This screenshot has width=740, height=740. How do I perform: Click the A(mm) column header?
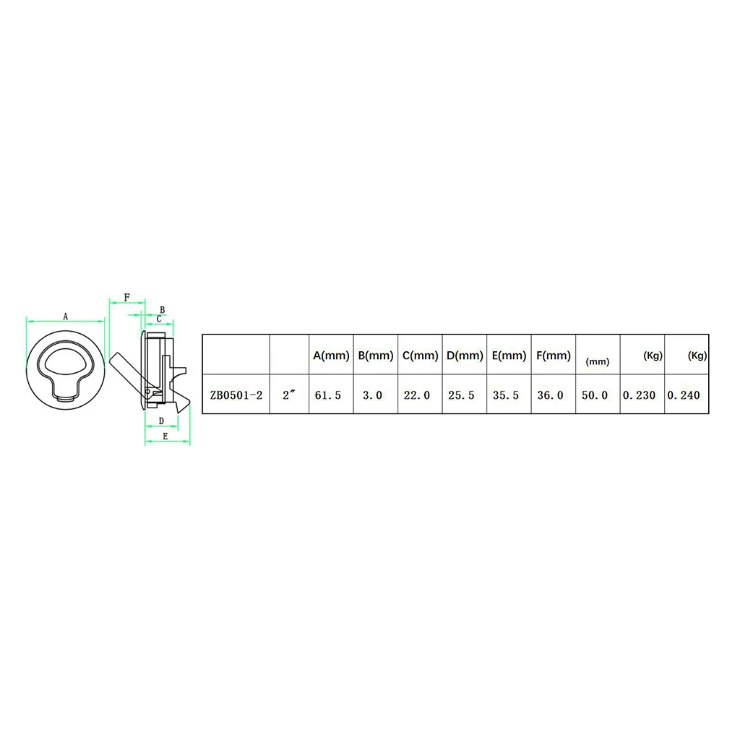[x=332, y=356]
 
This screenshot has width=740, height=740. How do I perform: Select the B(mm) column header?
[x=376, y=356]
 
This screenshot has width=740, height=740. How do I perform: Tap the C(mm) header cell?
[x=421, y=356]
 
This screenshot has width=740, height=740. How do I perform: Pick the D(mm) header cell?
[x=465, y=356]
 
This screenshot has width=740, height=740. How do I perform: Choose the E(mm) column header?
[x=509, y=356]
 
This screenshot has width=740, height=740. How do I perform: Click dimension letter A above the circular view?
[x=65, y=317]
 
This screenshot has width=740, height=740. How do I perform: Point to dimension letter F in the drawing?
[x=126, y=297]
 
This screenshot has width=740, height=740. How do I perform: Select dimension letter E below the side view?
[x=165, y=436]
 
